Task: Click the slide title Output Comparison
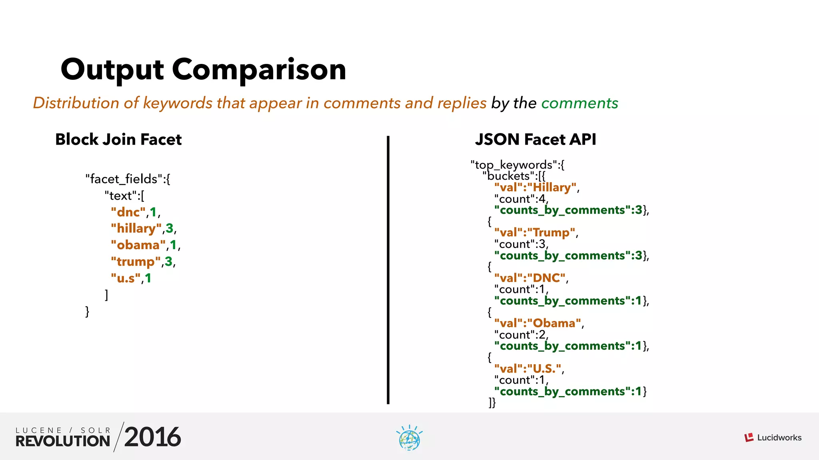[203, 69]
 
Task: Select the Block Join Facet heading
[118, 139]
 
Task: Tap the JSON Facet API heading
[535, 139]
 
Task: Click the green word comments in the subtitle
[579, 103]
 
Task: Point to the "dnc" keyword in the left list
[128, 212]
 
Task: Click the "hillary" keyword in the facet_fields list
[136, 228]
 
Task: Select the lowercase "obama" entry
[138, 245]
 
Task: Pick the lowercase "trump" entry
[136, 262]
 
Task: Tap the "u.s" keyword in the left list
[126, 278]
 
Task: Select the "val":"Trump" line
[535, 232]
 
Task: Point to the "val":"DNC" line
[530, 278]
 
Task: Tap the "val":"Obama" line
[537, 323]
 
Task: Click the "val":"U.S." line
[528, 368]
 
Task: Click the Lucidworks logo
[773, 438]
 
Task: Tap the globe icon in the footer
[409, 438]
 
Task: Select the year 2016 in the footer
[152, 437]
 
